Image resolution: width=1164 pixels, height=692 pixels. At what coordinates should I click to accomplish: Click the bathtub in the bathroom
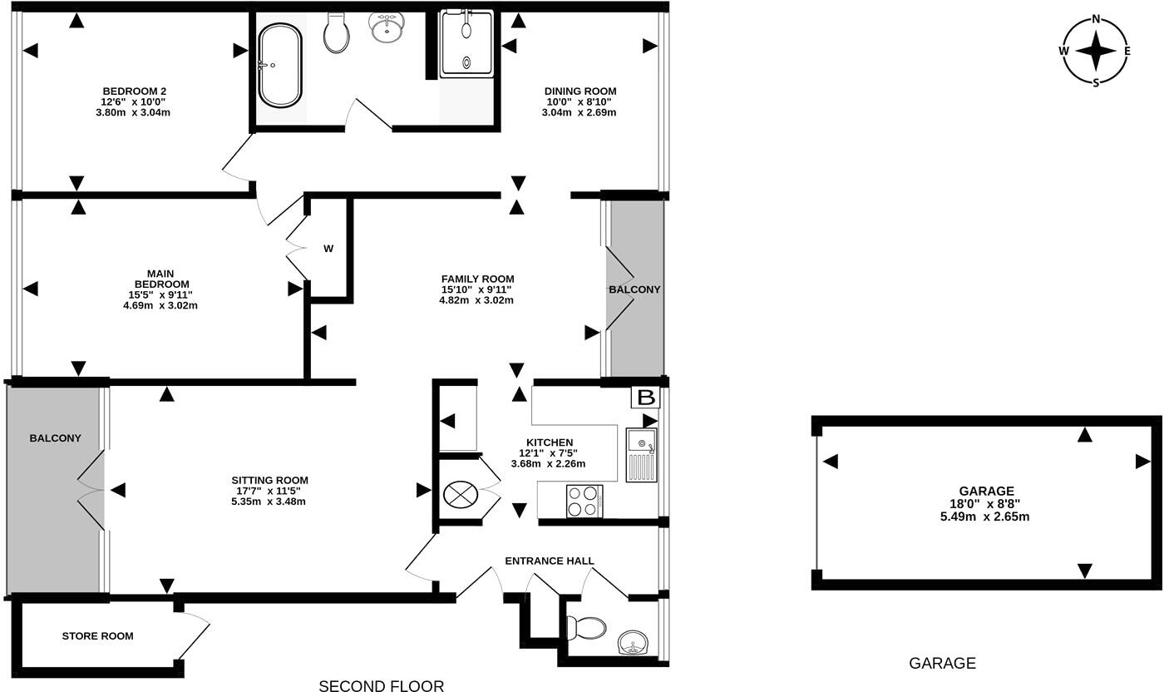tap(280, 65)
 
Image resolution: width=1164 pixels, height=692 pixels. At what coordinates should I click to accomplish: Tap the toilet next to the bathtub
tap(337, 33)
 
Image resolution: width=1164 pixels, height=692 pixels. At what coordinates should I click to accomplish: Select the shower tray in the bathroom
tap(466, 43)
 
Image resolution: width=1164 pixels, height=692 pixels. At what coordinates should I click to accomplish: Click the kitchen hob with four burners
tap(584, 501)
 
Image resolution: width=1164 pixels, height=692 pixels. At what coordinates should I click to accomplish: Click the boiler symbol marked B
tap(646, 398)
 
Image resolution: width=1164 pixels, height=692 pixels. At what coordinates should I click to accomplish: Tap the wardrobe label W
tap(328, 248)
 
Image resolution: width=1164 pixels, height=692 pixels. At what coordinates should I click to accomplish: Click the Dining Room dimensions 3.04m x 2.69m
tap(580, 112)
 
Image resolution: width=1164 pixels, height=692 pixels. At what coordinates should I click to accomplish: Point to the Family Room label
tap(477, 279)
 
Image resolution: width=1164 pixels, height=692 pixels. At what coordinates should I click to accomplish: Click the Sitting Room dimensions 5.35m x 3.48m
tap(269, 502)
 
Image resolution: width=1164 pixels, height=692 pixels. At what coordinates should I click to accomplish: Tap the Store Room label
tap(97, 636)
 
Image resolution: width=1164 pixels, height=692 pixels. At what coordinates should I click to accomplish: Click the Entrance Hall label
tap(550, 561)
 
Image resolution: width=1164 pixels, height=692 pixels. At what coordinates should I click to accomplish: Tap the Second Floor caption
tap(382, 685)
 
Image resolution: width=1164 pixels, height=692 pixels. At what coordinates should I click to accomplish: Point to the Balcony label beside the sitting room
tap(55, 438)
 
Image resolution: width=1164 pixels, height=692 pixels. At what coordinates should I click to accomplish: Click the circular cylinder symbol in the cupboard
tap(458, 495)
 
